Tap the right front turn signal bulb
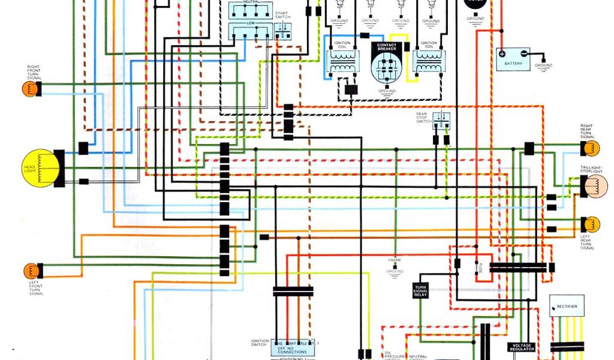coord(30,89)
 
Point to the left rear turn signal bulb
coord(591,224)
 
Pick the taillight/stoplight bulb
coord(595,185)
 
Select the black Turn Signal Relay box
coord(420,291)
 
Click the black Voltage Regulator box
coord(521,347)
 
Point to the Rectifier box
coord(567,307)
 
